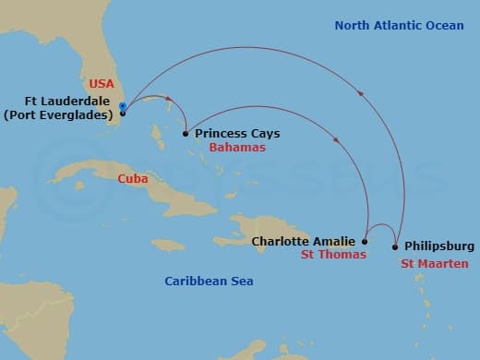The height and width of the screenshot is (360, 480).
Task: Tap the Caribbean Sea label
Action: coord(209,281)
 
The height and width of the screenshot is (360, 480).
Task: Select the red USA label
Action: coord(102,82)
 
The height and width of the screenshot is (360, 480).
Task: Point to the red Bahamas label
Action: coord(237,148)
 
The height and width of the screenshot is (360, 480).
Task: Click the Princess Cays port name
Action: coord(237,134)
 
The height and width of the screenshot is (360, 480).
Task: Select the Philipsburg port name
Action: coord(438,246)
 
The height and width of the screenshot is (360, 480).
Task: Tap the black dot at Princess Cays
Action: coord(186,134)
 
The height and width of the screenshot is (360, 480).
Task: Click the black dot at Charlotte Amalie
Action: coord(365,242)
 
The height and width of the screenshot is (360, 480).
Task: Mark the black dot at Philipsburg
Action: coord(395,246)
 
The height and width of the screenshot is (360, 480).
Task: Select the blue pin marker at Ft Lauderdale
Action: coord(122,108)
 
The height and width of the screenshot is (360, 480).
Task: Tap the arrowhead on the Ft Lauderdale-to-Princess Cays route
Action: coord(170,96)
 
